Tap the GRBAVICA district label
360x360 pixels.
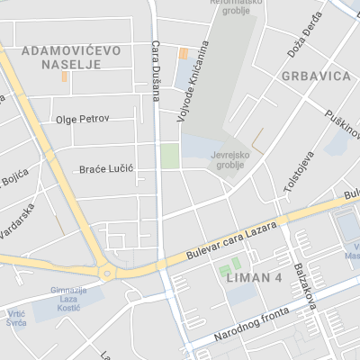(315, 76)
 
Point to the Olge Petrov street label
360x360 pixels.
(82, 119)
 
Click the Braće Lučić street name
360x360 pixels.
(107, 168)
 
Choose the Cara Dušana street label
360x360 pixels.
(156, 69)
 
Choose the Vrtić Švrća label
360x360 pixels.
(17, 317)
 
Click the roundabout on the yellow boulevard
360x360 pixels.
(107, 273)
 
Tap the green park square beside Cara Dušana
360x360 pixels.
(170, 156)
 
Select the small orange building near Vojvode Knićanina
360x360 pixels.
(184, 53)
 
